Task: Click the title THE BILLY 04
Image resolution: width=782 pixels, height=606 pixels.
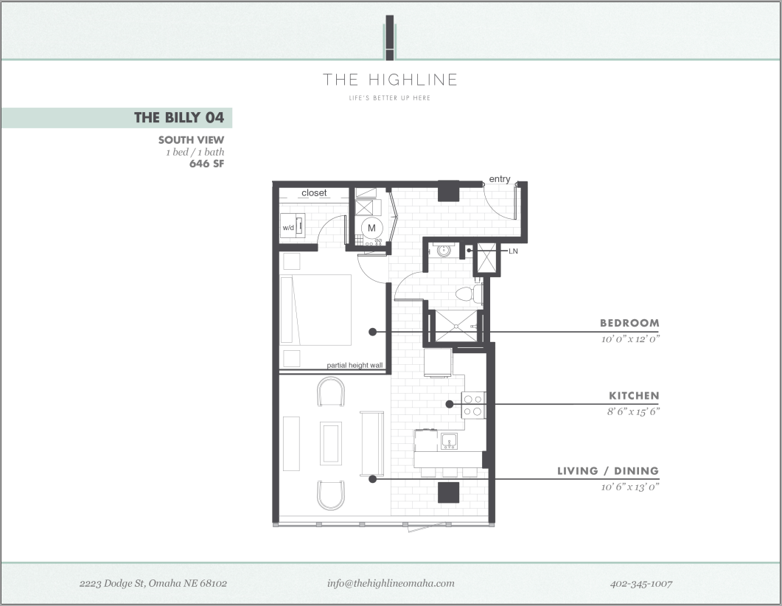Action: click(178, 118)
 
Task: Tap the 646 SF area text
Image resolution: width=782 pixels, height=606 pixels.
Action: click(206, 164)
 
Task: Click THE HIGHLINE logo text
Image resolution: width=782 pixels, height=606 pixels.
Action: click(390, 80)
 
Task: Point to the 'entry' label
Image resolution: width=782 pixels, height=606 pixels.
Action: click(499, 179)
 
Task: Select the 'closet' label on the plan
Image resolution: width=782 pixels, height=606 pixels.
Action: click(314, 193)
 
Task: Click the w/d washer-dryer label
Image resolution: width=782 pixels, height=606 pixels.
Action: click(287, 228)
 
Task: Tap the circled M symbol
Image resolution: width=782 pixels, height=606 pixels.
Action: click(371, 227)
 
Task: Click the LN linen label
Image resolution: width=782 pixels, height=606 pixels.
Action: click(513, 251)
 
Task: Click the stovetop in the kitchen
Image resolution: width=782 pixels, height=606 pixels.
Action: click(473, 404)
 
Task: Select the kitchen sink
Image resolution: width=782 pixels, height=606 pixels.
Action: click(448, 442)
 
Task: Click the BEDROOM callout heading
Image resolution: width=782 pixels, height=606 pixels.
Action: click(629, 323)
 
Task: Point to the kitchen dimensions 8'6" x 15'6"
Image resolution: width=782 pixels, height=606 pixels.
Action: click(632, 411)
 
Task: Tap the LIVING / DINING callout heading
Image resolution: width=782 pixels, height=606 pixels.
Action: click(607, 470)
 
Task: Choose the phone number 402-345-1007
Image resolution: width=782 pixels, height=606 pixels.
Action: click(641, 583)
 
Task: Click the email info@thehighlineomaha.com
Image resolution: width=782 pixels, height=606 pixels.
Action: click(391, 583)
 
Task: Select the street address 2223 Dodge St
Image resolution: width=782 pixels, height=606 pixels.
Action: click(153, 583)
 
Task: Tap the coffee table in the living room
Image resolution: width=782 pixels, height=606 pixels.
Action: click(331, 442)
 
